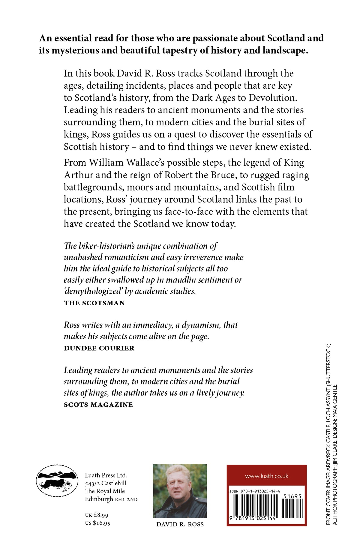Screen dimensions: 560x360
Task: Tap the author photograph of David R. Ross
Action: tap(180, 491)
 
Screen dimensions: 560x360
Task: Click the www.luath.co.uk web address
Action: tap(266, 476)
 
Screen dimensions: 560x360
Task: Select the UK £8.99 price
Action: tap(97, 515)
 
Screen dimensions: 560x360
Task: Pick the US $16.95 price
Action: tap(97, 523)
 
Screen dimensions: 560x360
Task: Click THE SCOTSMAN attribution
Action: tap(94, 303)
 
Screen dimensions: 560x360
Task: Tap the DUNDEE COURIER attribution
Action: tap(99, 348)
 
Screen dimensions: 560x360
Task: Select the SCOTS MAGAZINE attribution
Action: tap(98, 405)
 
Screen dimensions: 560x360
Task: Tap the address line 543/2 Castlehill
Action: tap(106, 483)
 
